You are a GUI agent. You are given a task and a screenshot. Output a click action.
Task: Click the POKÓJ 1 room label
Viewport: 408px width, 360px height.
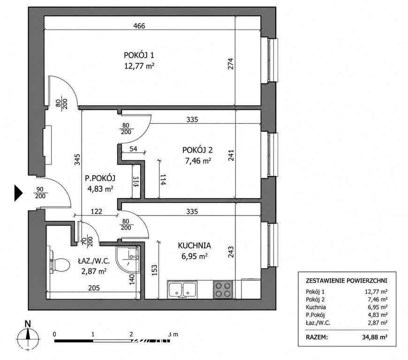click(x=139, y=55)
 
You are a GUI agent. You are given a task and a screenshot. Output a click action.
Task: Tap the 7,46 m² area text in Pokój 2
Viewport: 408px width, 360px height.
click(x=198, y=161)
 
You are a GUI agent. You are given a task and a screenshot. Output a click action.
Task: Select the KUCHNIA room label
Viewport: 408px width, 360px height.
click(x=194, y=246)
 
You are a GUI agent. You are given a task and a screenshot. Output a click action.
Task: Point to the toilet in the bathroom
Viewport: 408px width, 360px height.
click(x=60, y=262)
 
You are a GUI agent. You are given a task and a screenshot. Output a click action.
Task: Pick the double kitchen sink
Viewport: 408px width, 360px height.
click(x=182, y=290)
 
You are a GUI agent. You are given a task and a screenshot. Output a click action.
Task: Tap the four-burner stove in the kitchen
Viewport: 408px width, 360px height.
click(x=223, y=290)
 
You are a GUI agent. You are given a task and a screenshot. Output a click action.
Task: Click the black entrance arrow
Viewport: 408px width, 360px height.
click(x=18, y=193)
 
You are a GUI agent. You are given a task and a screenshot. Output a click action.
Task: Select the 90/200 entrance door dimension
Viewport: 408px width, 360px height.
click(x=40, y=193)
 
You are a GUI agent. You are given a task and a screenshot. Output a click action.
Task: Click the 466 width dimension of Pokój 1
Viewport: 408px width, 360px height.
click(x=139, y=26)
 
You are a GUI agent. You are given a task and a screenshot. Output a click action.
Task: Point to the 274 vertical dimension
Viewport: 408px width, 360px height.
click(x=231, y=64)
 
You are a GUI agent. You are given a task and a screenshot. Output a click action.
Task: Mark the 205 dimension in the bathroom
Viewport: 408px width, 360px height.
click(x=94, y=288)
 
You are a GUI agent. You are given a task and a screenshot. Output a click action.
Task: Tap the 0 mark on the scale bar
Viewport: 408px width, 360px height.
click(x=54, y=334)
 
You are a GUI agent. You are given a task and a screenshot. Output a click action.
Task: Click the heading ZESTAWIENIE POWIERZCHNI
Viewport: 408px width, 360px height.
click(x=347, y=281)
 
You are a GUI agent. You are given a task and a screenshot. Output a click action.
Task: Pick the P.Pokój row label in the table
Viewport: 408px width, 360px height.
click(x=315, y=315)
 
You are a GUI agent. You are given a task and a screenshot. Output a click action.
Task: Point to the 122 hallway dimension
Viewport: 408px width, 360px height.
click(x=96, y=211)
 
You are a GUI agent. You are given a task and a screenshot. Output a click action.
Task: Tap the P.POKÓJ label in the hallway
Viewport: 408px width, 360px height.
click(x=100, y=178)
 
